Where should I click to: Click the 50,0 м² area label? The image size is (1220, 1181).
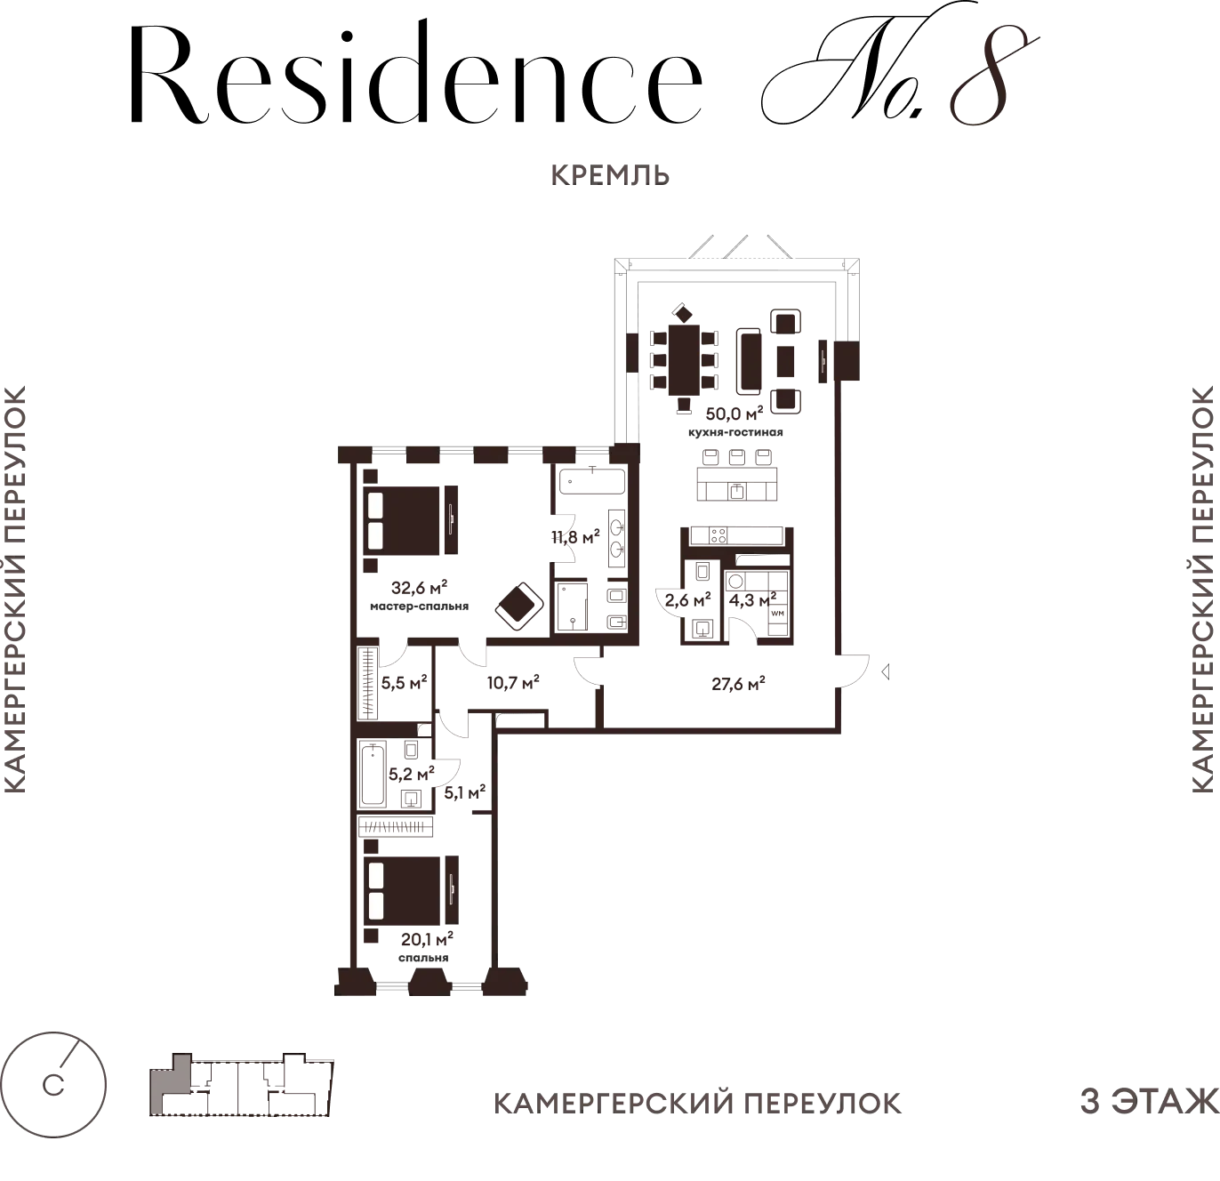click(x=734, y=414)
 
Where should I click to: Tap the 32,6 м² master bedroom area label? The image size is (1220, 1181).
click(x=419, y=588)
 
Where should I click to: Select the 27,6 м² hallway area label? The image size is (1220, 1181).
click(x=738, y=684)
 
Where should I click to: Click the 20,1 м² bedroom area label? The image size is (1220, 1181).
click(x=427, y=940)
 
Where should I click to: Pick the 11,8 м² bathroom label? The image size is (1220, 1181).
click(x=575, y=536)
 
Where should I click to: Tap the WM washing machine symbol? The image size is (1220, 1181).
click(x=777, y=613)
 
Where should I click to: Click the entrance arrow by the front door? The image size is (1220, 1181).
click(x=886, y=672)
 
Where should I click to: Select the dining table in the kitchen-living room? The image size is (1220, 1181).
click(x=684, y=359)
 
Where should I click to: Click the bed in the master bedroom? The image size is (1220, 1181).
click(x=403, y=519)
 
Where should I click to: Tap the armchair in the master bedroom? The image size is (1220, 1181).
click(x=519, y=607)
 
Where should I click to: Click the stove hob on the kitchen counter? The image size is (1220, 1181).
click(x=718, y=535)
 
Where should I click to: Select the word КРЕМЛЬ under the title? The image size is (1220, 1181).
click(x=610, y=176)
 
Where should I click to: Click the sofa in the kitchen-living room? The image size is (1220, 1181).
click(x=750, y=361)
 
